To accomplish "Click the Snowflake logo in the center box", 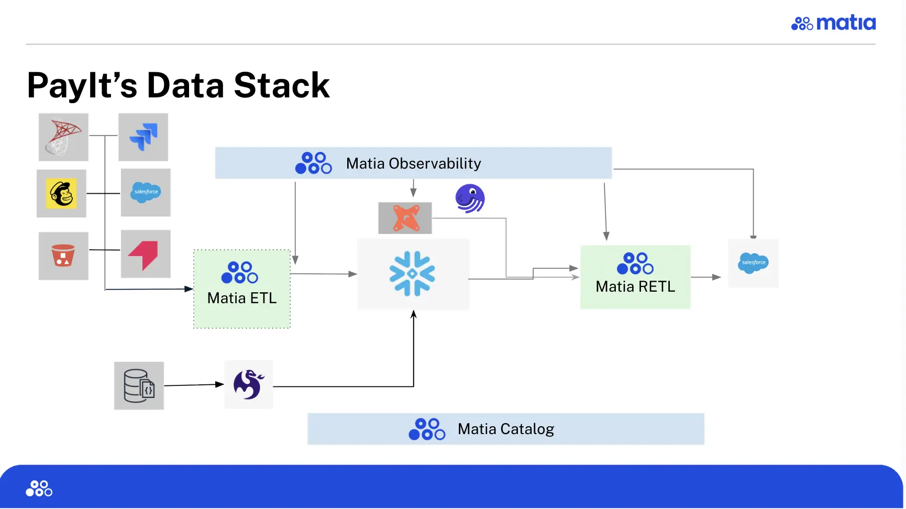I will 412,274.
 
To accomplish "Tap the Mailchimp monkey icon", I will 61,193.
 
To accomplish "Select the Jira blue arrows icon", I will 143,137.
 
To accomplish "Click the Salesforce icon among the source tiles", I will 146,192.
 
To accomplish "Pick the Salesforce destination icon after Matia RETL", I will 753,263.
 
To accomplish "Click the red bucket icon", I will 63,256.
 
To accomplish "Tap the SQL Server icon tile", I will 63,137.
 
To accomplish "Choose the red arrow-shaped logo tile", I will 145,254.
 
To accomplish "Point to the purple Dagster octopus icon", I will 470,198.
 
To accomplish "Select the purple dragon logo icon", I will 248,384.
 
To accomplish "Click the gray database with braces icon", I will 139,386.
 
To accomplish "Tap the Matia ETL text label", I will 242,298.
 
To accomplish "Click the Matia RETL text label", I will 635,286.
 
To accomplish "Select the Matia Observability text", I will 413,163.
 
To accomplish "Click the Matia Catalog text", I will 505,429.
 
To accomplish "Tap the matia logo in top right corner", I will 833,23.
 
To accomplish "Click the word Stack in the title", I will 282,85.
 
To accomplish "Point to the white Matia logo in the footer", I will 39,488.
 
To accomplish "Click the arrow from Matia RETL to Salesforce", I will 706,277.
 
